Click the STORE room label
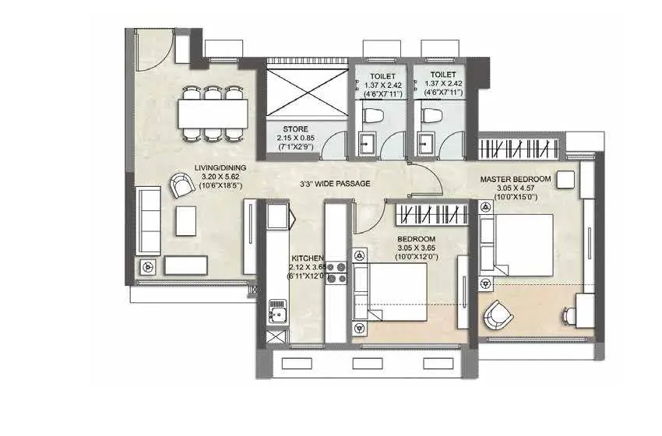click(295, 129)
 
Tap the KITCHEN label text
click(308, 258)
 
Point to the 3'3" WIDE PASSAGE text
click(336, 184)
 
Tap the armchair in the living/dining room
click(180, 185)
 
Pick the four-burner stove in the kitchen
click(336, 271)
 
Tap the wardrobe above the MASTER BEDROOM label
click(517, 147)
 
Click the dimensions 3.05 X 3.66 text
click(416, 248)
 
